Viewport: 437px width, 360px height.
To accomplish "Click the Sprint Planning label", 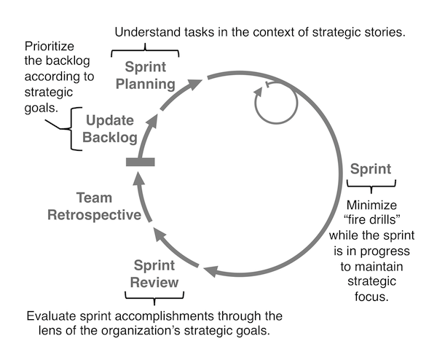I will pyautogui.click(x=144, y=74).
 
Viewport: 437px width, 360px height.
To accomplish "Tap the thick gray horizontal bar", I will pyautogui.click(x=141, y=162).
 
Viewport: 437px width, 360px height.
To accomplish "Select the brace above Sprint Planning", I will pyautogui.click(x=144, y=52).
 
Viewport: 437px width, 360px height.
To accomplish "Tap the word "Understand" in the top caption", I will pyautogui.click(x=150, y=33).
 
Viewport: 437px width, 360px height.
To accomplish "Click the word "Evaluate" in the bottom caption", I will pyautogui.click(x=51, y=317).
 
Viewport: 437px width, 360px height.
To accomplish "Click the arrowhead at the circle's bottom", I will pyautogui.click(x=210, y=272).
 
